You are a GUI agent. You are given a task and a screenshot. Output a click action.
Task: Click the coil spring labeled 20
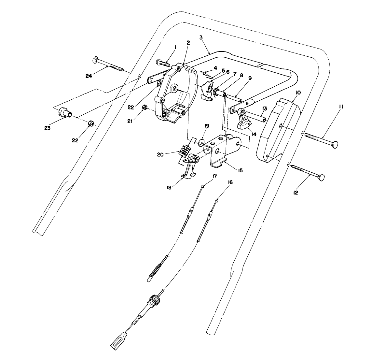coord(184,151)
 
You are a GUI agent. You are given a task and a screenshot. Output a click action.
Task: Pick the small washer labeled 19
coord(202,142)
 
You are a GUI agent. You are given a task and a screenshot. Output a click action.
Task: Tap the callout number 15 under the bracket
coord(240,170)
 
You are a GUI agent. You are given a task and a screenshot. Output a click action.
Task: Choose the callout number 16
coord(230,183)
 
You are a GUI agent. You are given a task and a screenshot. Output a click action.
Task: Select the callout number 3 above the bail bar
coord(201,37)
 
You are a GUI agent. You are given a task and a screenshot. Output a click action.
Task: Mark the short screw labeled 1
coord(164,62)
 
